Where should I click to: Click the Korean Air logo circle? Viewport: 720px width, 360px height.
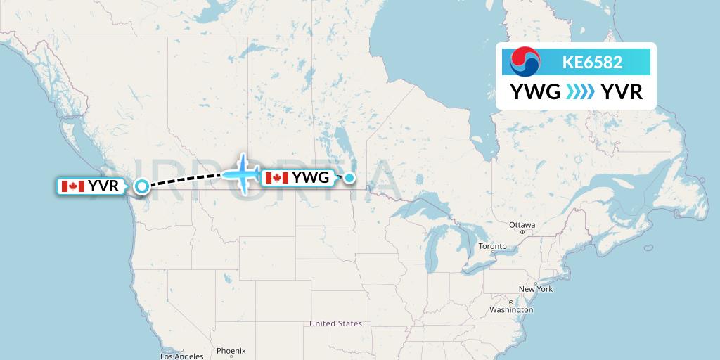tap(525, 62)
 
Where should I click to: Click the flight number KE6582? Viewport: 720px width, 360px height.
tap(592, 62)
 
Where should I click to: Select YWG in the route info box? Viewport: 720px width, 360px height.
tap(534, 92)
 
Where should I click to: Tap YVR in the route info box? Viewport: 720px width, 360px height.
tap(622, 92)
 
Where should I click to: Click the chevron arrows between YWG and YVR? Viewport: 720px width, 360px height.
tap(580, 92)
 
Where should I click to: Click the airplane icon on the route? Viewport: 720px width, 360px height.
tap(243, 173)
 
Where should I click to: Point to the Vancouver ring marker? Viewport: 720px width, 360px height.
tap(142, 186)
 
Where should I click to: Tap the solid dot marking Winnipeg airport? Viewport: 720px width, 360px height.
tap(349, 178)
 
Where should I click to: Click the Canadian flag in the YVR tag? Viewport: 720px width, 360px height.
tap(73, 186)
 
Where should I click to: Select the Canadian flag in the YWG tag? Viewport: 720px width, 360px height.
tap(277, 178)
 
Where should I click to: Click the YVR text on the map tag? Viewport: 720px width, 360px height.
tap(103, 186)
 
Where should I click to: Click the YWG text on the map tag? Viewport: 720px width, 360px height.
tap(311, 178)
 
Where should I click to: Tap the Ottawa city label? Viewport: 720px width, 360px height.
tap(522, 225)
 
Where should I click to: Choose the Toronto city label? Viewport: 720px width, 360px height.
tap(492, 246)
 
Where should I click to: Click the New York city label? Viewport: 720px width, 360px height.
tap(536, 289)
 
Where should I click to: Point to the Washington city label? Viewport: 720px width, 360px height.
tap(511, 309)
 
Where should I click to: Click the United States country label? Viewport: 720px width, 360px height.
tap(336, 323)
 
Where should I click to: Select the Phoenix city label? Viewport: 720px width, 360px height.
tap(231, 350)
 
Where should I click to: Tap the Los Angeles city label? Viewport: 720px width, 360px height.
tap(181, 356)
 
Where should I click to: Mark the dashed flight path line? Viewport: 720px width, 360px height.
tap(186, 180)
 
